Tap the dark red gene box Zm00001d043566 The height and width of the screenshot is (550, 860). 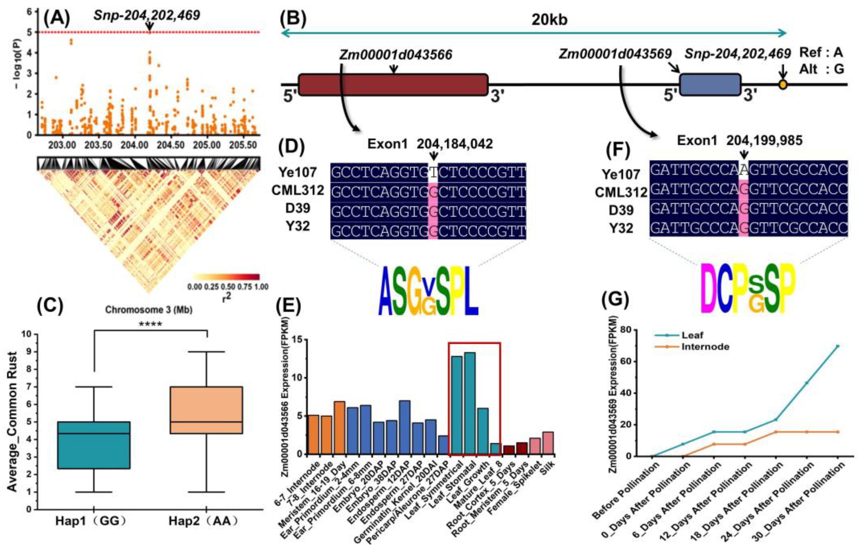393,85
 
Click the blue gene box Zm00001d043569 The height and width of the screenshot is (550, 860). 710,85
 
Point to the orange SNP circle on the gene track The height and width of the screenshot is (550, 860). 783,85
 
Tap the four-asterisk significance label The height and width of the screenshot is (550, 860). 150,324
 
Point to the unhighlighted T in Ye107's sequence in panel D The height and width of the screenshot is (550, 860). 433,173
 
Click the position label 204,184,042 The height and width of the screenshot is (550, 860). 455,144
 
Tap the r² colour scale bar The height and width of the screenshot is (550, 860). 226,277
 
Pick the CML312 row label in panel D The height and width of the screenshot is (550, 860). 298,190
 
